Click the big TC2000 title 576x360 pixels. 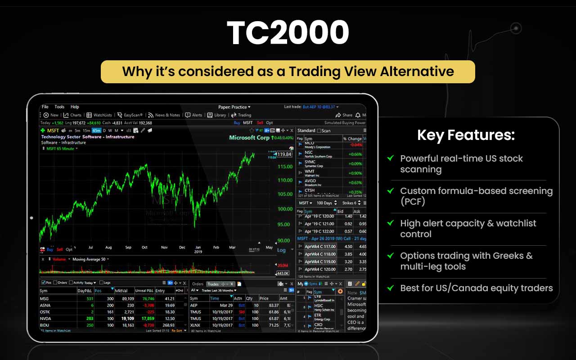click(288, 33)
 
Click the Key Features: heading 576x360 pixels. click(466, 135)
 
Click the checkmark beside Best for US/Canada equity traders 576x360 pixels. click(391, 288)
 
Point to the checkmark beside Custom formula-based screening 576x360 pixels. click(391, 191)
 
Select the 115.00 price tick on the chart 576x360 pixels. click(285, 166)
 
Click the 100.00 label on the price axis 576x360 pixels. click(285, 209)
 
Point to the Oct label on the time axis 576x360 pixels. click(144, 247)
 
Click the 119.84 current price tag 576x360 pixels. click(284, 154)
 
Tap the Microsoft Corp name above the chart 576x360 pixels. click(249, 138)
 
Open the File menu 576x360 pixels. click(45, 107)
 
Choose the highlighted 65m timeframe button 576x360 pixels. click(96, 130)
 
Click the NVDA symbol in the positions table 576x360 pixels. click(45, 318)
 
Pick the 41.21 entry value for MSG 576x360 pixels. click(169, 298)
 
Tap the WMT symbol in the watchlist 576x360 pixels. click(310, 171)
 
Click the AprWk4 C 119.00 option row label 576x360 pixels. click(320, 261)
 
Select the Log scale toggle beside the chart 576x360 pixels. click(281, 250)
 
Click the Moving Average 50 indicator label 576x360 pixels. click(89, 259)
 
